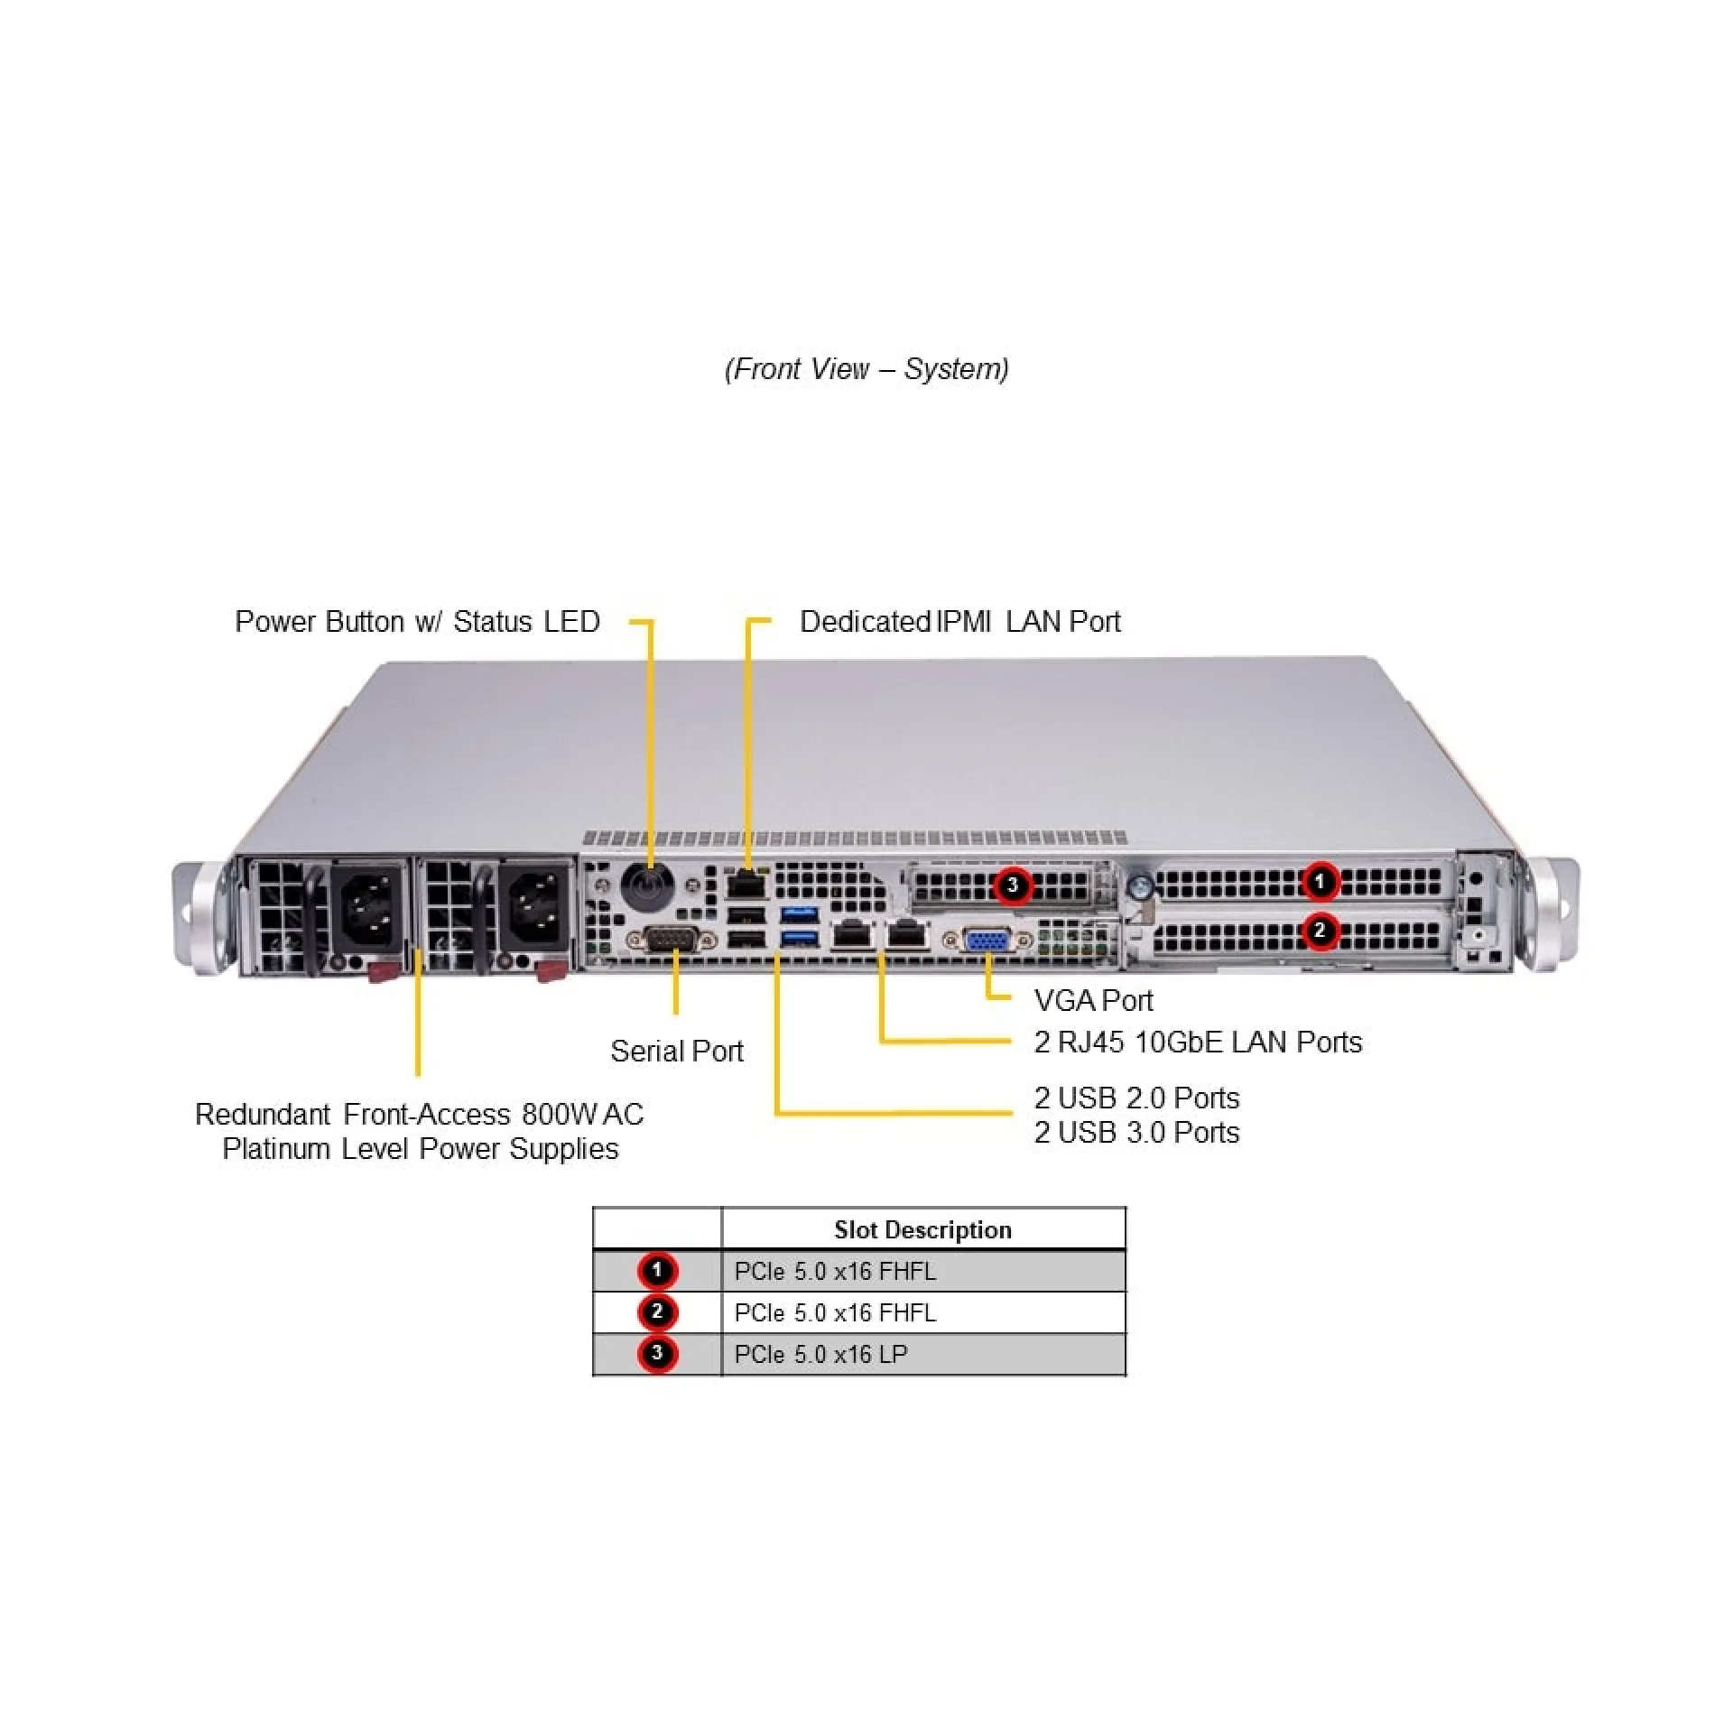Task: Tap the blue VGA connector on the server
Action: [987, 941]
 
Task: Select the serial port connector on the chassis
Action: [672, 940]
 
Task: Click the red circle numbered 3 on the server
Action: [1013, 885]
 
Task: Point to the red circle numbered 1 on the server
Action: [1321, 881]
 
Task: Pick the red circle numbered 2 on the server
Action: [1321, 930]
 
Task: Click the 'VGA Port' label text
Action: [1093, 1000]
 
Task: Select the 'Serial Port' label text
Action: [676, 1051]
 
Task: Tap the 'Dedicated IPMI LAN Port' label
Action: [959, 621]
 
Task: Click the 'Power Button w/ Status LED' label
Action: [417, 621]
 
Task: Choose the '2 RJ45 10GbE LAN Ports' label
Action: [1197, 1042]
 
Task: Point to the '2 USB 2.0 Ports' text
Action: [1136, 1098]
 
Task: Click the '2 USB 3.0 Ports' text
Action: [1136, 1132]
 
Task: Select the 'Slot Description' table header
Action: [922, 1229]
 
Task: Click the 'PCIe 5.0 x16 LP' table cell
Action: [820, 1354]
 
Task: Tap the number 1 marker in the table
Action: [657, 1271]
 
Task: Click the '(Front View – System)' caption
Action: [866, 368]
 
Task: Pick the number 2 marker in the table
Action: [657, 1311]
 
